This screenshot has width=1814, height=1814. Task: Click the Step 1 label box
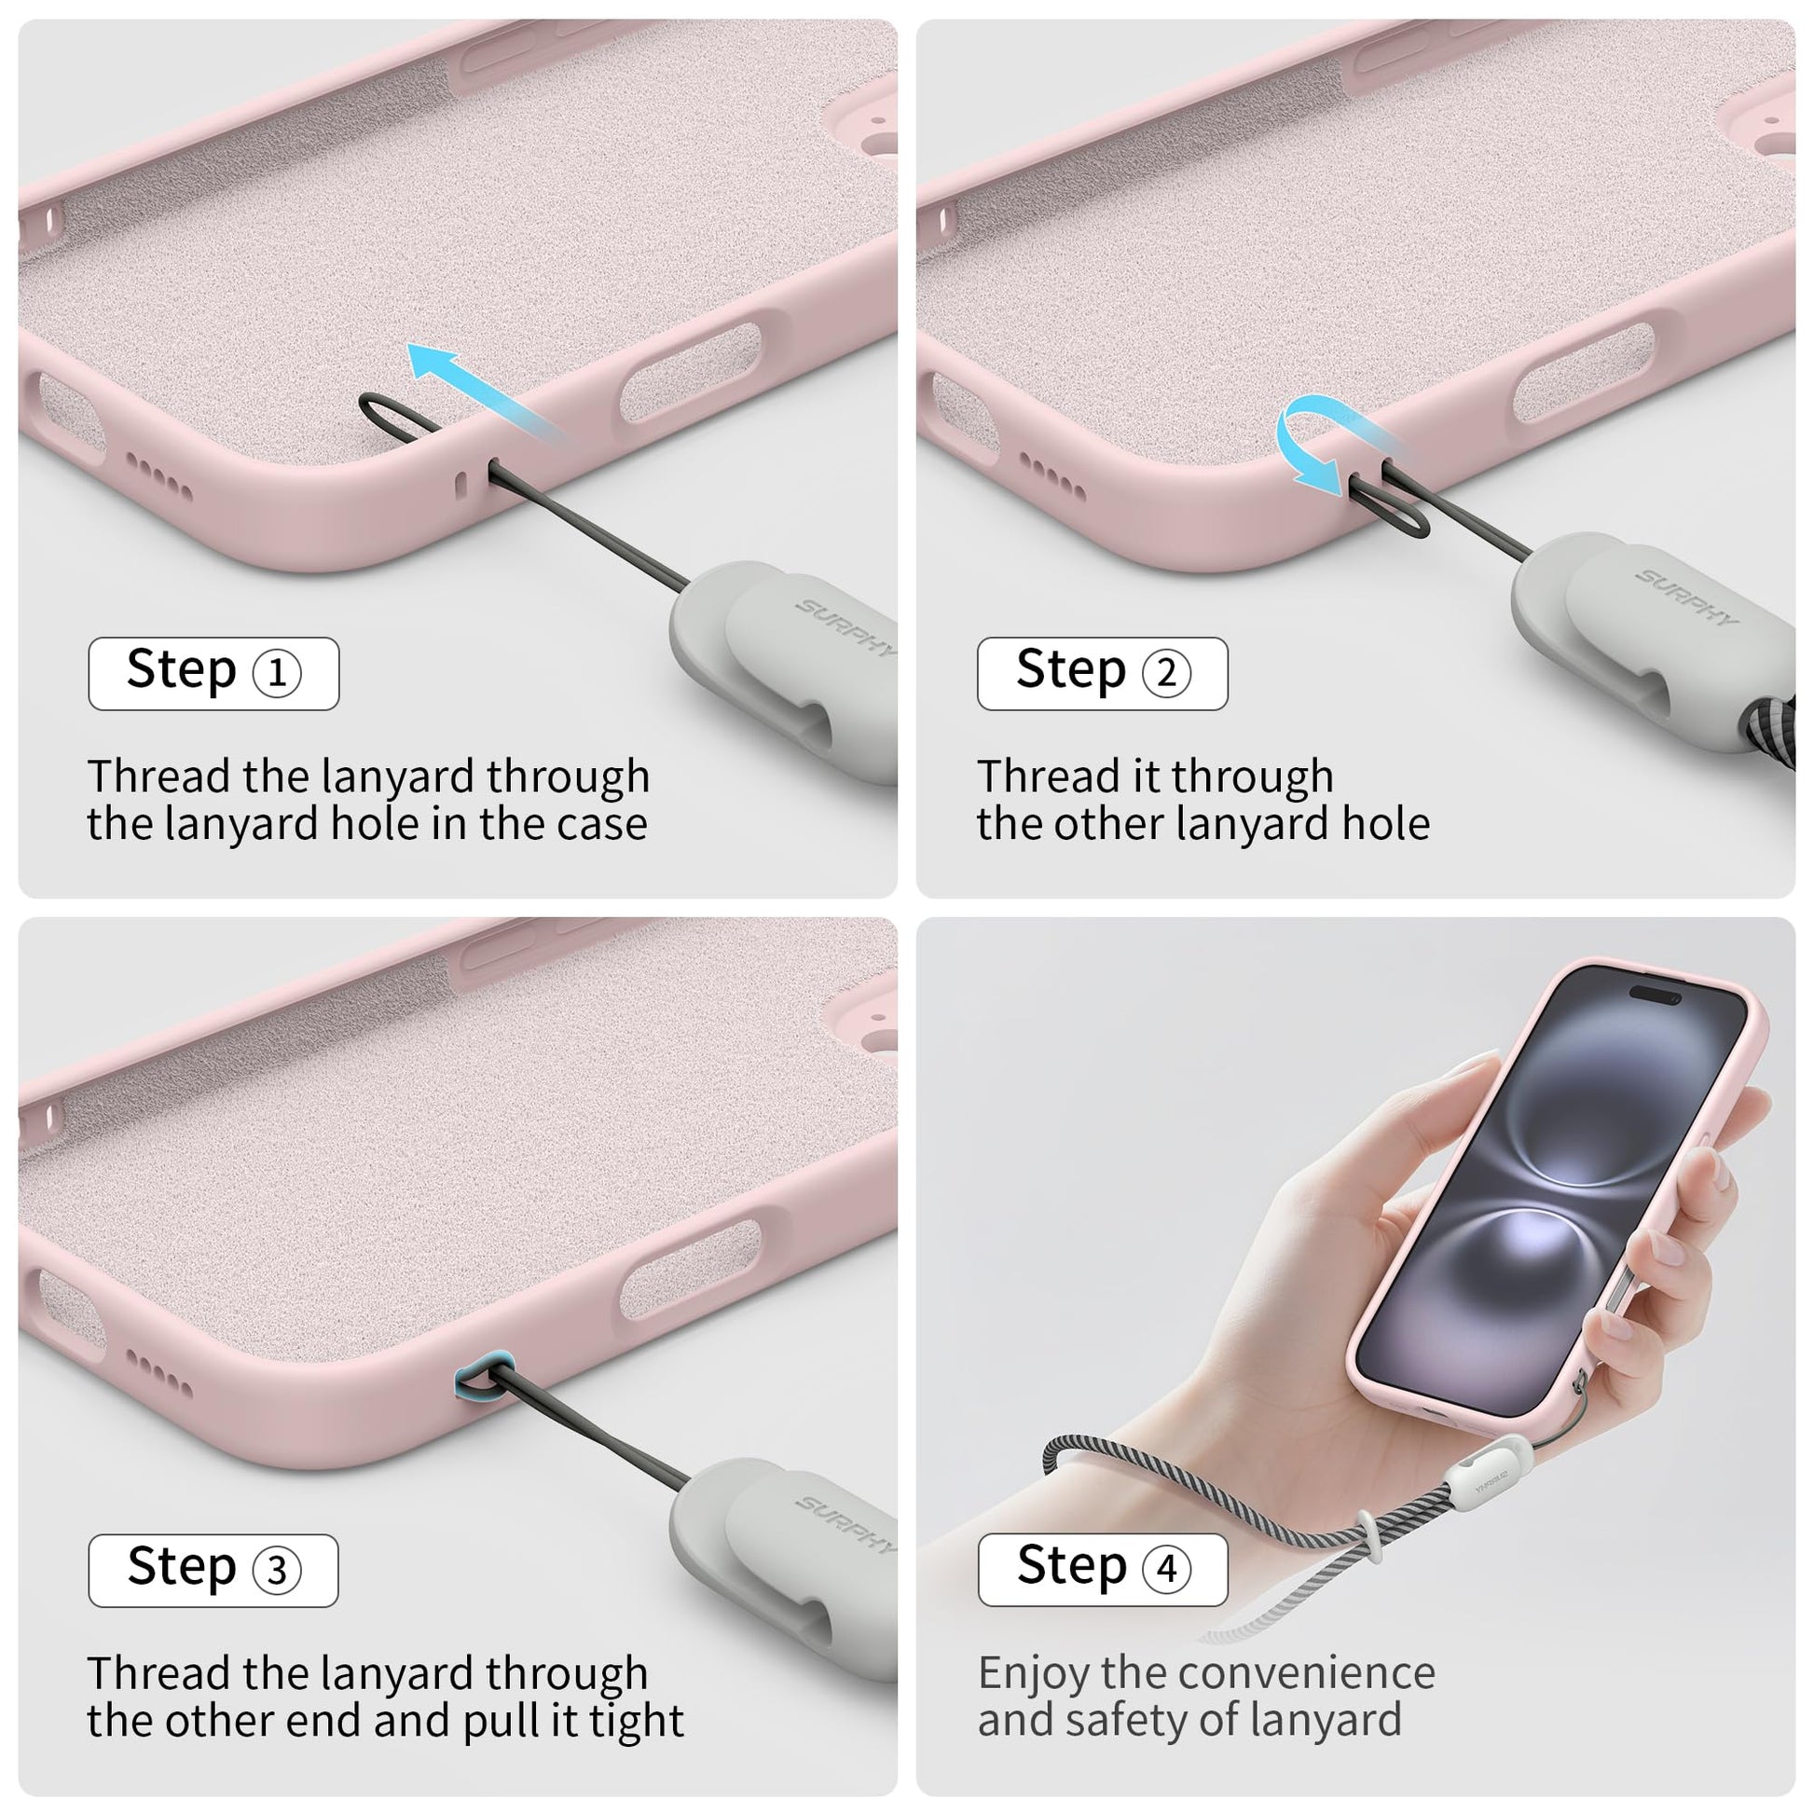coord(213,673)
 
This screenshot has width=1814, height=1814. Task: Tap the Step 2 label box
coord(1103,673)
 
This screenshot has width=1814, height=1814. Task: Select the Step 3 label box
coord(213,1571)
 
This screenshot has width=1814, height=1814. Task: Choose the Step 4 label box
coord(1103,1570)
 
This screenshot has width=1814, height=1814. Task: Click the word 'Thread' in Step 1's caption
coord(158,776)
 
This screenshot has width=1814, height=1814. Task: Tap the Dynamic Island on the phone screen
coord(1658,995)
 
